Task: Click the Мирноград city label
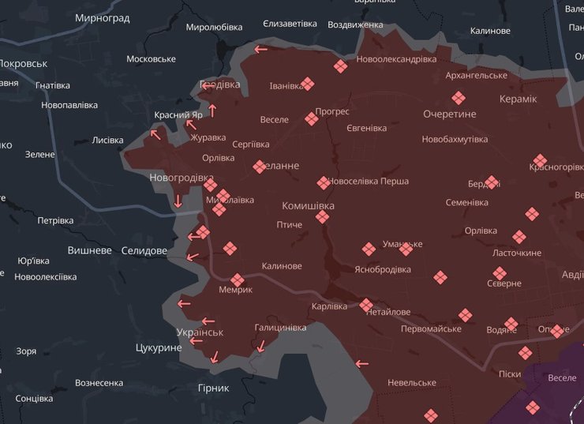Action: click(x=103, y=17)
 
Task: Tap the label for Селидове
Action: click(x=144, y=250)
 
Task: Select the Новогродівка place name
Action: click(x=182, y=178)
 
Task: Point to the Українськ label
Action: click(x=200, y=332)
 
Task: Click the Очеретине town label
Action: click(x=450, y=114)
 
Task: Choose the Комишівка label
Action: click(x=309, y=205)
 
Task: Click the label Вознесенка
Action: click(x=99, y=383)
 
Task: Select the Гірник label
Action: click(x=214, y=388)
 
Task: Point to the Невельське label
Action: click(x=412, y=383)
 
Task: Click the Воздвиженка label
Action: click(x=355, y=24)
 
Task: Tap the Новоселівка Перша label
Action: click(x=369, y=182)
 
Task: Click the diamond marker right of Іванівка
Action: click(x=308, y=84)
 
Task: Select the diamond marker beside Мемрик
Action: click(x=238, y=280)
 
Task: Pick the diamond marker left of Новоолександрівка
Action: click(x=340, y=67)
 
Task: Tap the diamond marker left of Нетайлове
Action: click(x=366, y=305)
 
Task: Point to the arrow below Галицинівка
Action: click(x=261, y=345)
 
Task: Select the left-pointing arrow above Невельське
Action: click(x=362, y=364)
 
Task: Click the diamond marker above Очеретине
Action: click(x=459, y=98)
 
